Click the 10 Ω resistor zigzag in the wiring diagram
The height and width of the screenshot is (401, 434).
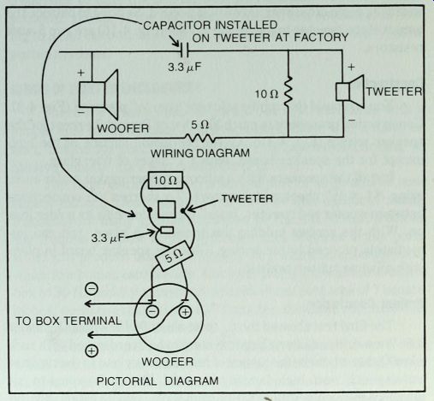pyautogui.click(x=288, y=90)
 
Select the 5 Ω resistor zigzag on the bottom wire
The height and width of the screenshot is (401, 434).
pyautogui.click(x=199, y=139)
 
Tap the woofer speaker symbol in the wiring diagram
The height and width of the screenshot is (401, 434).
pyautogui.click(x=98, y=94)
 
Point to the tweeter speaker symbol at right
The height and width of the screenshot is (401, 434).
pyautogui.click(x=350, y=91)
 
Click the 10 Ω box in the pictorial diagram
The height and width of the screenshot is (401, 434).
pyautogui.click(x=165, y=180)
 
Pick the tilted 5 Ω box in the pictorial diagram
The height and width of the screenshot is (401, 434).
pyautogui.click(x=173, y=256)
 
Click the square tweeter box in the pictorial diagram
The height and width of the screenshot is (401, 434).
pyautogui.click(x=167, y=209)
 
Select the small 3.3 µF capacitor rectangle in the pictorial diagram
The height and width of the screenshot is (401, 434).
pyautogui.click(x=167, y=230)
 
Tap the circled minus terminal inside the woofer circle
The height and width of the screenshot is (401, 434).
pyautogui.click(x=152, y=311)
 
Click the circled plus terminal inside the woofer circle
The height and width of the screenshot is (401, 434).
pyautogui.click(x=185, y=312)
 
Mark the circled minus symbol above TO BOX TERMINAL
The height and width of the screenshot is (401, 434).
pyautogui.click(x=92, y=289)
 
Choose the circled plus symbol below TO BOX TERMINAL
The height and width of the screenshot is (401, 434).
pyautogui.click(x=92, y=351)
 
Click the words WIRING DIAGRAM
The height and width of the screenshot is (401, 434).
pyautogui.click(x=200, y=153)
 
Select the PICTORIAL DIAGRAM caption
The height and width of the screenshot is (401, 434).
pyautogui.click(x=158, y=381)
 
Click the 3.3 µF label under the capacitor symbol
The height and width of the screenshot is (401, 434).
pyautogui.click(x=185, y=68)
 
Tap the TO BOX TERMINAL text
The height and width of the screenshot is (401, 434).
pyautogui.click(x=68, y=321)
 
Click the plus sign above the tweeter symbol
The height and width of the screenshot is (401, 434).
pyautogui.click(x=351, y=68)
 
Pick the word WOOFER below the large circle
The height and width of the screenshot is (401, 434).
pyautogui.click(x=168, y=362)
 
